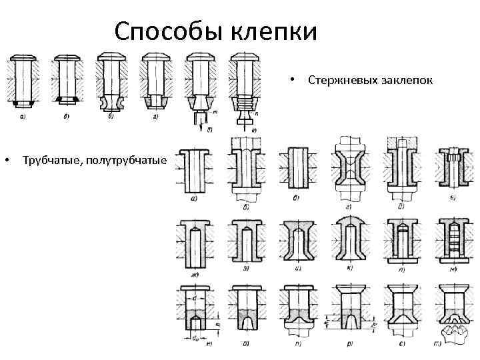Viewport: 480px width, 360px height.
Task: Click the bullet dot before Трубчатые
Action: tap(6, 161)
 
